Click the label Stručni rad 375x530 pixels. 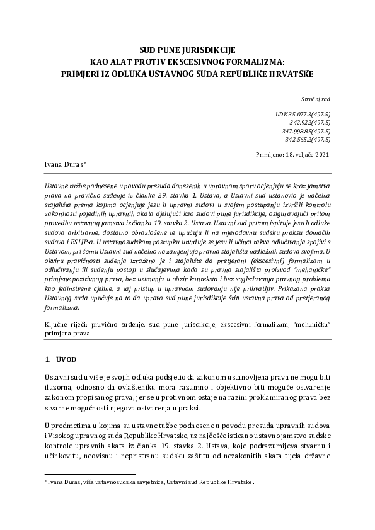click(317, 99)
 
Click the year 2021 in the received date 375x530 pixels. click(320, 154)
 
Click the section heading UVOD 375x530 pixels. click(66, 359)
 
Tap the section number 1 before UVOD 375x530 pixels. click(47, 359)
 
